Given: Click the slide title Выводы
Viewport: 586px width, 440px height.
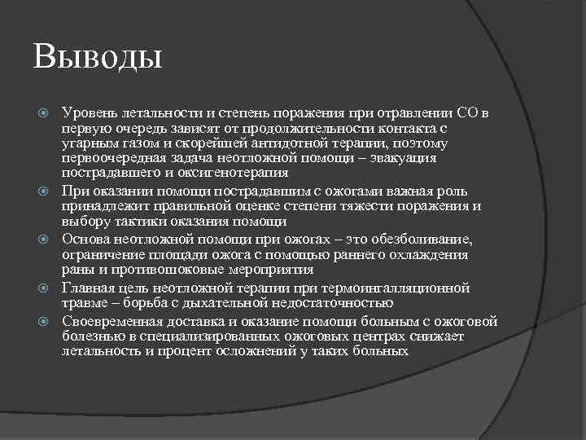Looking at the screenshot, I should click(x=98, y=59).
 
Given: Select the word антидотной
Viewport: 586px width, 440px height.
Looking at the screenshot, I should click(x=247, y=144).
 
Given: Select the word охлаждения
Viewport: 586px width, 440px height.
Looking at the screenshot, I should click(x=424, y=255).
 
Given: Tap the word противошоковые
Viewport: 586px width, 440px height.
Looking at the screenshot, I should click(x=155, y=271).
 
